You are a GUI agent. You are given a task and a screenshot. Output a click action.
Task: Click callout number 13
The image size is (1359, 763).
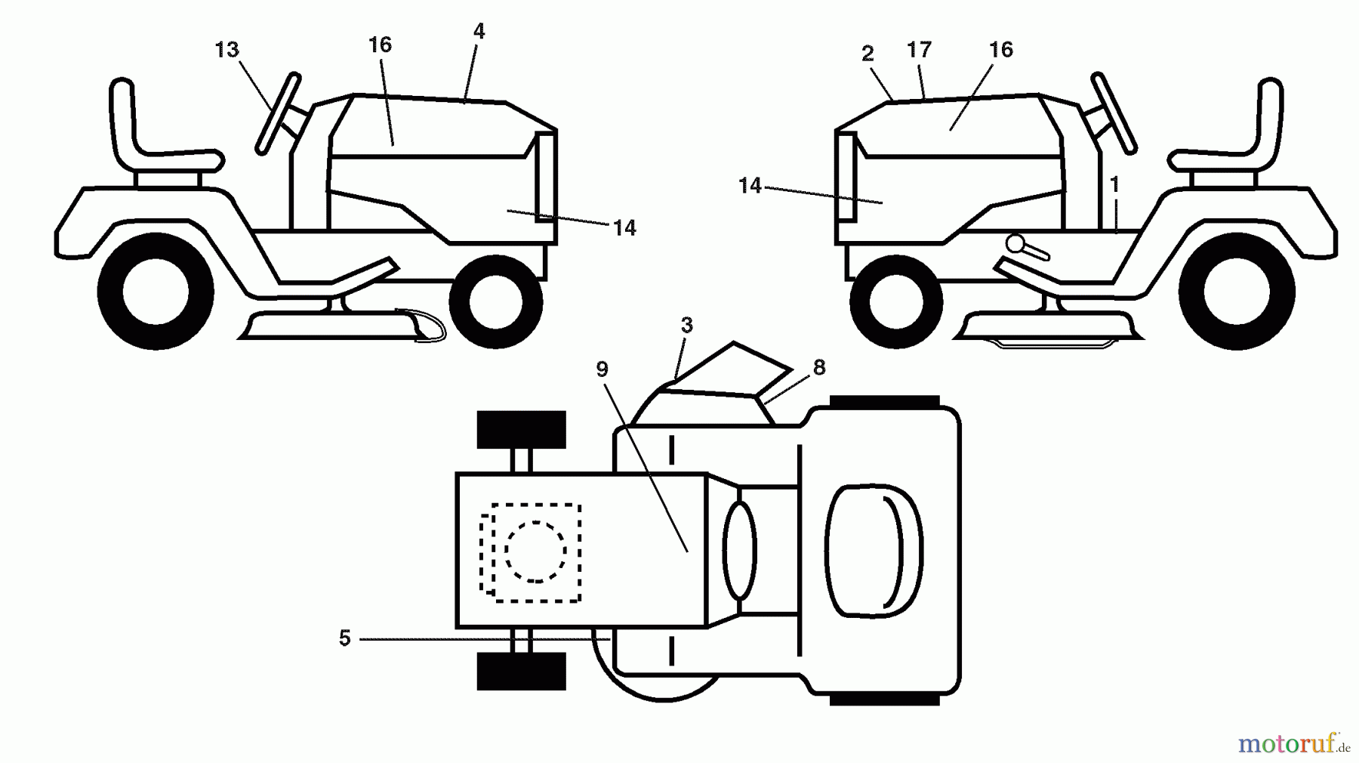[x=226, y=50]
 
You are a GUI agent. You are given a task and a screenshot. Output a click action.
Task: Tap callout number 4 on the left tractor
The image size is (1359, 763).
[x=479, y=32]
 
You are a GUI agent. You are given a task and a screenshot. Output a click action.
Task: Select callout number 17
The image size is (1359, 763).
[x=920, y=50]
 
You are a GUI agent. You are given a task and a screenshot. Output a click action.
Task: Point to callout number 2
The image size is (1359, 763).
[x=867, y=54]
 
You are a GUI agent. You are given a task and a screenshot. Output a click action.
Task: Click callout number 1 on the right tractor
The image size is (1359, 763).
[x=1115, y=184]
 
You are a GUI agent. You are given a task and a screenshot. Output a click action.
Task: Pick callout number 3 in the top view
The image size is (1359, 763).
[x=686, y=326]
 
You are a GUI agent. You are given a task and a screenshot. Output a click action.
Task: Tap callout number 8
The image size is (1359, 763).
[x=819, y=368]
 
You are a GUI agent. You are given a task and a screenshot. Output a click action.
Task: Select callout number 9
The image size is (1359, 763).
[x=602, y=369]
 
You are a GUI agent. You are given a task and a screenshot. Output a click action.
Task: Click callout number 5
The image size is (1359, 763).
[x=345, y=638]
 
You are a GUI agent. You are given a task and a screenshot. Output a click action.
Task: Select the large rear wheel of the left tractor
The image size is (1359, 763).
[x=155, y=291]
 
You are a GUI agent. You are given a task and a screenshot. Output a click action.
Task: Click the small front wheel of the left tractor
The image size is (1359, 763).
[x=496, y=302]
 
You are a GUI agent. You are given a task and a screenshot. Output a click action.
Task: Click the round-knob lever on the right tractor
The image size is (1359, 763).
[x=1027, y=248]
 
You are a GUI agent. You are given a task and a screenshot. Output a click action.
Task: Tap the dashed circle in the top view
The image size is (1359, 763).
[x=535, y=551]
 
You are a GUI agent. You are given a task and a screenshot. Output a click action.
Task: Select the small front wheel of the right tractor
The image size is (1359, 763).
[x=896, y=302]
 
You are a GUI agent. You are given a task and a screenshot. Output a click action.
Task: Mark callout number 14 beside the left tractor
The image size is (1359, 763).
[x=624, y=228]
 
